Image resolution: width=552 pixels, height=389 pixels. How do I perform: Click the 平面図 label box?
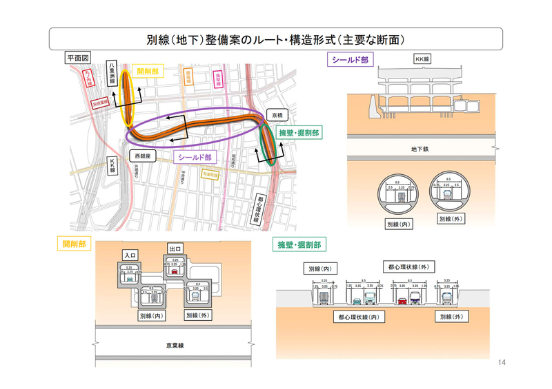click(x=76, y=58)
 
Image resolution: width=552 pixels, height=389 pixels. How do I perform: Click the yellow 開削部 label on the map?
click(x=148, y=71)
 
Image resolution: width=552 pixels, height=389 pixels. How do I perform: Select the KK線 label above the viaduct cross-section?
click(x=422, y=59)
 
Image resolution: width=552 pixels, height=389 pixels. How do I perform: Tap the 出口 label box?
click(x=175, y=248)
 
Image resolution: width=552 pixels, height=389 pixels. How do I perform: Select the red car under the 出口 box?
click(x=175, y=271)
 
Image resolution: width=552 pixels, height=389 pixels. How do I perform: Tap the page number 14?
click(x=502, y=363)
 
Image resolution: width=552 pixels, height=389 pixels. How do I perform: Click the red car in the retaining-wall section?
click(x=402, y=300)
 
